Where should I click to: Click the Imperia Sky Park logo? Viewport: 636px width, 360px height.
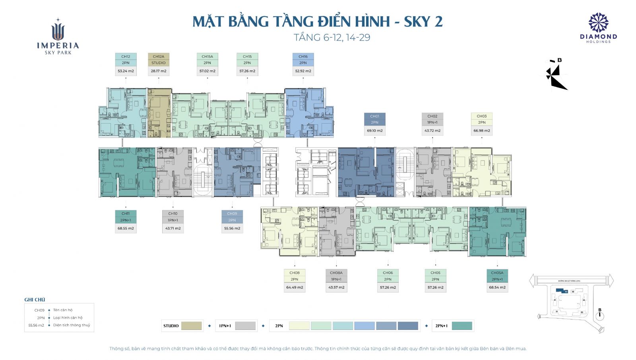[x=58, y=37]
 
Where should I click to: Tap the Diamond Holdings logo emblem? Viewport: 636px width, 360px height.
[x=598, y=23]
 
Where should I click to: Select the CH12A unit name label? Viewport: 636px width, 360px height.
[x=159, y=56]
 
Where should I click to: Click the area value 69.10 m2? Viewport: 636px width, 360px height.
[x=374, y=131]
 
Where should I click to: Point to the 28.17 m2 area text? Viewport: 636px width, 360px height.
[x=159, y=71]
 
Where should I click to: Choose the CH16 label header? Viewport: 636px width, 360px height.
[x=303, y=56]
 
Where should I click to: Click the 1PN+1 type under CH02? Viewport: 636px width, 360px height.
[x=432, y=122]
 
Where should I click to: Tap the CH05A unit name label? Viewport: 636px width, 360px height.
[x=497, y=273]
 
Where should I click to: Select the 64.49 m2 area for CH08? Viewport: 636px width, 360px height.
[x=295, y=287]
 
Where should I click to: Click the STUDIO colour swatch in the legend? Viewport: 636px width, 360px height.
[x=192, y=326]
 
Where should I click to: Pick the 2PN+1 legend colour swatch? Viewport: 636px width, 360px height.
[x=462, y=326]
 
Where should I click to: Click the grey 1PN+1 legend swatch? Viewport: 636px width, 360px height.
[x=245, y=326]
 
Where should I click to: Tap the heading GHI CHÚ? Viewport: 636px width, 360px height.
[x=35, y=300]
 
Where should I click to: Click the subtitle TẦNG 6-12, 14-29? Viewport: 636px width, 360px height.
[x=332, y=37]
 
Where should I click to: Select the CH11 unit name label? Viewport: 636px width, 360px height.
[x=126, y=213]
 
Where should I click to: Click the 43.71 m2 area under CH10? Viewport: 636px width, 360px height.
[x=173, y=228]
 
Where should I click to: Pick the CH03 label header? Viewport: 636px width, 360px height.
[x=481, y=116]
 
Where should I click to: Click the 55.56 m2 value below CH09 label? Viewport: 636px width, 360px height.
[x=232, y=228]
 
